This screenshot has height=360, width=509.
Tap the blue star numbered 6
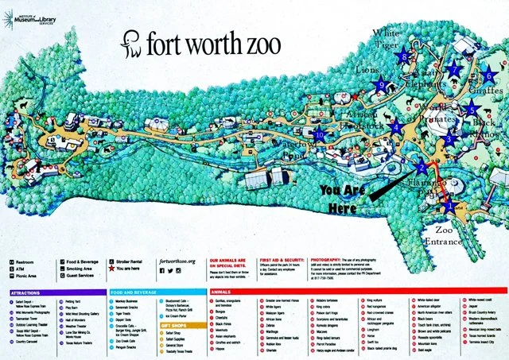tap(488, 76)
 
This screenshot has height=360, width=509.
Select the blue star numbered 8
tap(405, 57)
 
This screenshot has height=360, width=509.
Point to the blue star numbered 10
tap(320, 134)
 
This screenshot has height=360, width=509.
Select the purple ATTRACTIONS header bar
tap(55, 291)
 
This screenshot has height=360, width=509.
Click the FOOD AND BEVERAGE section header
tap(131, 291)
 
